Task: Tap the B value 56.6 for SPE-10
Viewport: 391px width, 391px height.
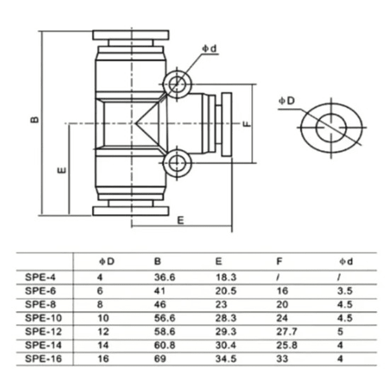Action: pos(164,318)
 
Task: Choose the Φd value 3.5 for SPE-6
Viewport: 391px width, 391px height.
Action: pos(344,290)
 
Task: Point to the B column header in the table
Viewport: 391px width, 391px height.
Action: pos(158,262)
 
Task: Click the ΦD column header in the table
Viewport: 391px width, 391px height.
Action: pos(106,262)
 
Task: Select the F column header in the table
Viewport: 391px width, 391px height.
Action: pos(280,262)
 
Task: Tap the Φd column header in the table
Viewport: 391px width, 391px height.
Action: pos(345,262)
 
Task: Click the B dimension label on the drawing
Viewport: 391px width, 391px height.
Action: pos(34,119)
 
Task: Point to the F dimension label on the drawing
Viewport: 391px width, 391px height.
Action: pos(246,123)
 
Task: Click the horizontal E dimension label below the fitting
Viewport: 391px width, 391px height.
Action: pos(181,220)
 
